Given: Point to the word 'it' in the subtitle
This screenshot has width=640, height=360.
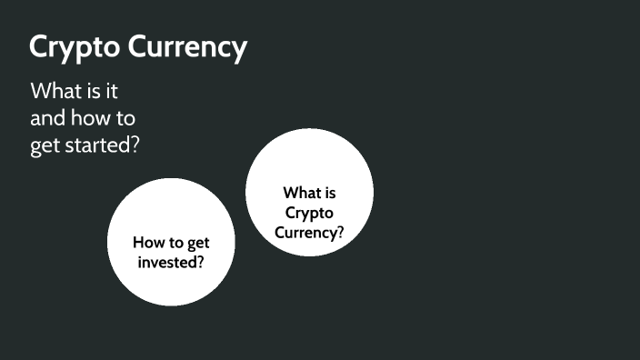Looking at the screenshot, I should (114, 92).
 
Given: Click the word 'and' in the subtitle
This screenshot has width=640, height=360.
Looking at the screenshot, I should (47, 118).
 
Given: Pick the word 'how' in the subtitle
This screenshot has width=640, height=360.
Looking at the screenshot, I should (95, 118).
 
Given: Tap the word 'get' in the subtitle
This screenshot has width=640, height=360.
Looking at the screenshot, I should (45, 146).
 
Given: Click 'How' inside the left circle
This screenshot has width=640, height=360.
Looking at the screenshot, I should (149, 243).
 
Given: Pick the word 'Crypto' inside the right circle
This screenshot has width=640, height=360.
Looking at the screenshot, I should (309, 213).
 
